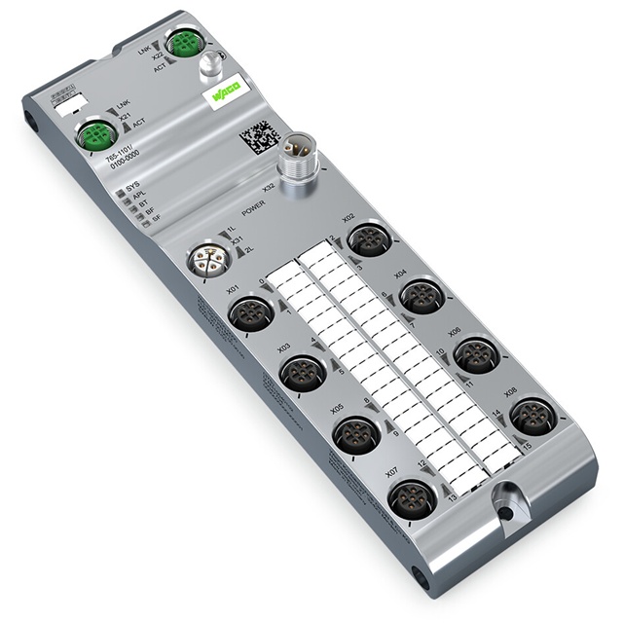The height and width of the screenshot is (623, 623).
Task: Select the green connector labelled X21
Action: tap(95, 134)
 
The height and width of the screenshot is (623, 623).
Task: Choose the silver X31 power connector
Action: tap(207, 261)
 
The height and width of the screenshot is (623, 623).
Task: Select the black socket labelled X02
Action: tap(368, 239)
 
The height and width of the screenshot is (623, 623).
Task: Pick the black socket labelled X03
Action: tap(301, 373)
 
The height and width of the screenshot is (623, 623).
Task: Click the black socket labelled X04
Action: tap(421, 295)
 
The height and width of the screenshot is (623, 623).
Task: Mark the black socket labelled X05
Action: tap(355, 434)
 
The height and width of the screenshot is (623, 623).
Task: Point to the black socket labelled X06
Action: tap(476, 354)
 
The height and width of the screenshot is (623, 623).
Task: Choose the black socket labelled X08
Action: tap(531, 416)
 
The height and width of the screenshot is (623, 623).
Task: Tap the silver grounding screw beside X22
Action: tap(210, 68)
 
